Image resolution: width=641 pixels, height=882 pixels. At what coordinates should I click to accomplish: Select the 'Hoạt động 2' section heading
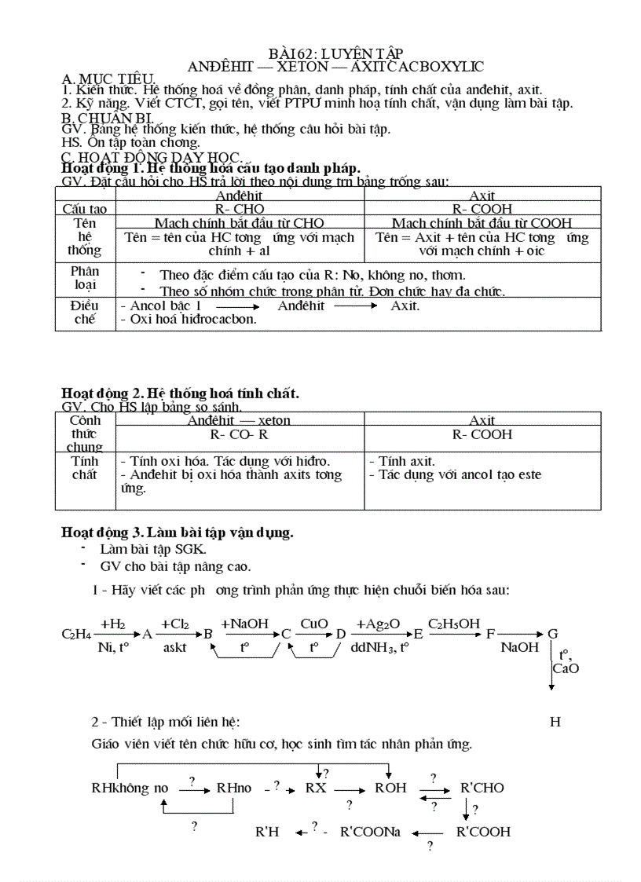(180, 393)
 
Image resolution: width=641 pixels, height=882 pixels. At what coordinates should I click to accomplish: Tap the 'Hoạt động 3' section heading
(178, 532)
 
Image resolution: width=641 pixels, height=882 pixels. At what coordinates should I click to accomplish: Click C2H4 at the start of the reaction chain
(75, 634)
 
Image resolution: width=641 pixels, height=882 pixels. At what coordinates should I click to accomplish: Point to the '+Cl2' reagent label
(174, 624)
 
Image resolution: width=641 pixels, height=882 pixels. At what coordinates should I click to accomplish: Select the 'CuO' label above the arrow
(314, 624)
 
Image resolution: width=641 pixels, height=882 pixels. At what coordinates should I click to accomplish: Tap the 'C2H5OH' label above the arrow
(454, 624)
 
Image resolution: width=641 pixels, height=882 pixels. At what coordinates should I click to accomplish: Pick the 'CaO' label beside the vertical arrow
(566, 668)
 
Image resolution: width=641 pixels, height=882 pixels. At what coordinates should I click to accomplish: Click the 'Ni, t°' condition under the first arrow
(113, 648)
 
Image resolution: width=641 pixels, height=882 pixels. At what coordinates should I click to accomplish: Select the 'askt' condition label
(174, 648)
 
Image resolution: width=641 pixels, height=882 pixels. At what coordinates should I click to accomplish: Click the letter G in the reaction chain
(552, 634)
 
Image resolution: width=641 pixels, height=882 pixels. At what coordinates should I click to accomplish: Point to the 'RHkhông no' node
(130, 788)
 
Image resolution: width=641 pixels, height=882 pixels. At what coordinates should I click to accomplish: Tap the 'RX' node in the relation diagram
(316, 788)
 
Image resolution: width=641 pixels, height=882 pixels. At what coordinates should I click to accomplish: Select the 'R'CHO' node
(482, 788)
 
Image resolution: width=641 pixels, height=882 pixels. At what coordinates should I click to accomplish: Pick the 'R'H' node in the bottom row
(268, 832)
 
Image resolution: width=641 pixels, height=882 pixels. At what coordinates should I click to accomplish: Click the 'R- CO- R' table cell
(240, 434)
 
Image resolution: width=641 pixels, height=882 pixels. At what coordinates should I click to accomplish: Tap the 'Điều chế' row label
(84, 313)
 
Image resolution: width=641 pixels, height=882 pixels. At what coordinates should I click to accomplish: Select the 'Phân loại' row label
(84, 278)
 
